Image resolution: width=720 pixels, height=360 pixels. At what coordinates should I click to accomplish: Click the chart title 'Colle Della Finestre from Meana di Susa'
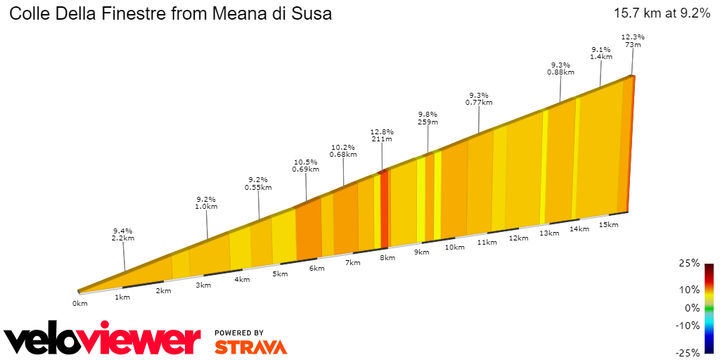click(170, 14)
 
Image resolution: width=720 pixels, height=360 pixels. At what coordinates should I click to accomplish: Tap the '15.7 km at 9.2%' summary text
click(662, 13)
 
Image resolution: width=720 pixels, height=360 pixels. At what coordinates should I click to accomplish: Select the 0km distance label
click(79, 304)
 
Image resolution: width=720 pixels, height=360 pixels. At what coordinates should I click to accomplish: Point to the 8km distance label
click(387, 258)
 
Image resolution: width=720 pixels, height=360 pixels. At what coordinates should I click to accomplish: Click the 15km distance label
click(608, 225)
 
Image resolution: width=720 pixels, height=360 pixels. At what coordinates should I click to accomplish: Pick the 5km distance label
click(280, 274)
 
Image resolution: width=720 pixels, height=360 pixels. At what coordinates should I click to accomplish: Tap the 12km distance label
click(518, 238)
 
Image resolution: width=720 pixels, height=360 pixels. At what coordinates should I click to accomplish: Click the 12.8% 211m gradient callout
click(382, 136)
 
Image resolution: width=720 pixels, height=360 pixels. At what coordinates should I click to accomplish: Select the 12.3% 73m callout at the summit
click(633, 41)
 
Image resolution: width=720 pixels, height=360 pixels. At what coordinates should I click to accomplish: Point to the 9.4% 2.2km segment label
click(123, 234)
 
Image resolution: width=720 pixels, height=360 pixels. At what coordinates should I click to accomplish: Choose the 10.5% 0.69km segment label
click(306, 165)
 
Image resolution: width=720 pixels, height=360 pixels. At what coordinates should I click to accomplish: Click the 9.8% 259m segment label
click(427, 118)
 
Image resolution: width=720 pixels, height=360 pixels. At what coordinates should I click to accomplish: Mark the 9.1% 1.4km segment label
click(600, 53)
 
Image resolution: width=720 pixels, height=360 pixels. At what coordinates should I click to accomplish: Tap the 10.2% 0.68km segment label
click(343, 150)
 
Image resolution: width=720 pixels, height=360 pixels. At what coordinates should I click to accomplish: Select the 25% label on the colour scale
click(690, 263)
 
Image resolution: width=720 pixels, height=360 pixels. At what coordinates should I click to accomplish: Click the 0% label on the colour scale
click(692, 308)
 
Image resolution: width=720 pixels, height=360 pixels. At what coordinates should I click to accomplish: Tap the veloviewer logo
click(103, 340)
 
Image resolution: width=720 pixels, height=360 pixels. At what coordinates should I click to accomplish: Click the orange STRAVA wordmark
click(250, 347)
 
